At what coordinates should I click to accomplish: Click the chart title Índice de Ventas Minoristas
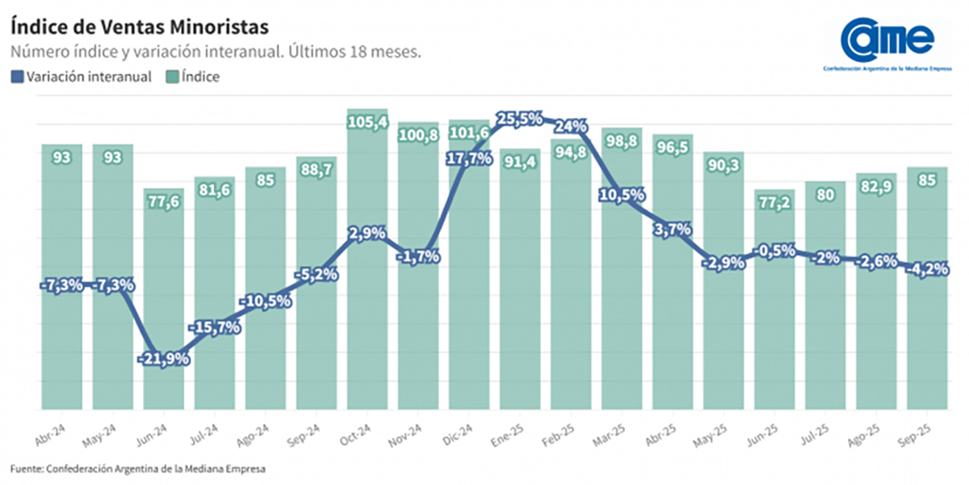[x=139, y=27]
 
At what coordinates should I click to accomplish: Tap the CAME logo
[x=887, y=40]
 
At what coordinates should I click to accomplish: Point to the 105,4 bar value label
[x=367, y=122]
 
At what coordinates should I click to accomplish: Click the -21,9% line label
[x=164, y=358]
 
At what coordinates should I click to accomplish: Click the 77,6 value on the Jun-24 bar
[x=164, y=202]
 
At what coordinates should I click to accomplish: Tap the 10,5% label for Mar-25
[x=621, y=195]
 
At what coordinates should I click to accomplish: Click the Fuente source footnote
[x=137, y=468]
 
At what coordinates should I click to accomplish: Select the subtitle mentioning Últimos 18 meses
[x=216, y=52]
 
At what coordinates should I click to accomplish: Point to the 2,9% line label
[x=367, y=234]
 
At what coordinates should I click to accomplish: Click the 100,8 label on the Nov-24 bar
[x=418, y=136]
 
